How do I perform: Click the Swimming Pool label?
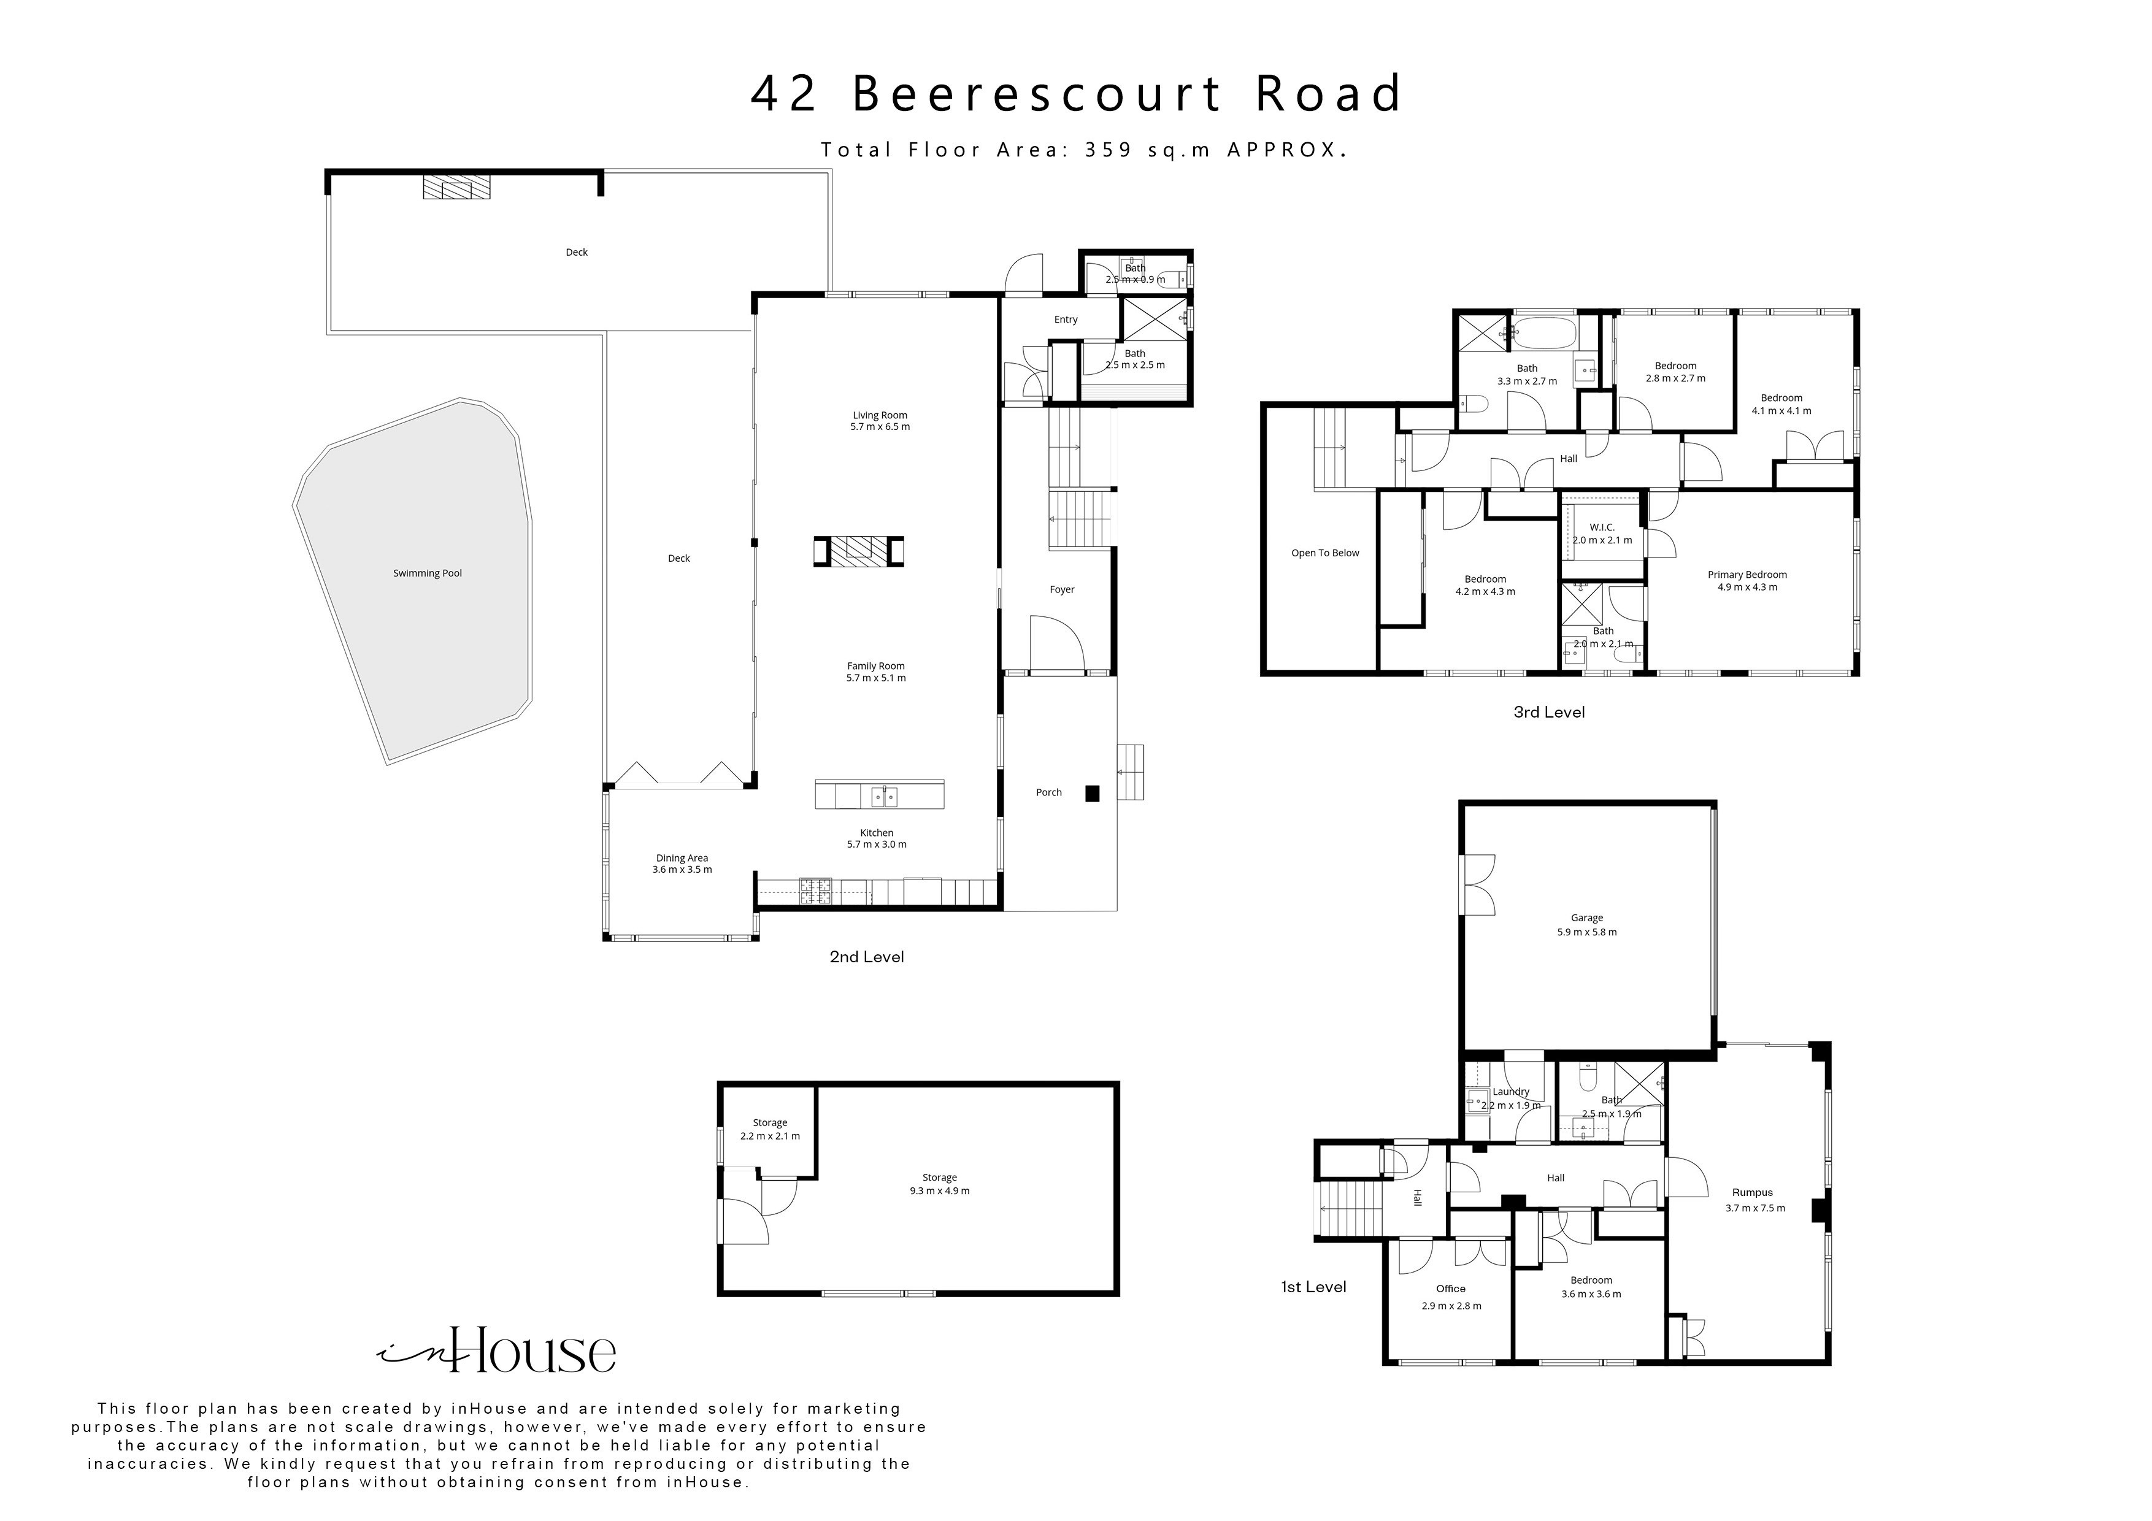pos(428,573)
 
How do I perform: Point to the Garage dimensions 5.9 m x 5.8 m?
pos(1587,932)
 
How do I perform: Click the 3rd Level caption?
pos(1548,712)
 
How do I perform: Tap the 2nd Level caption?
pos(866,957)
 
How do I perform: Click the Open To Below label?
pos(1324,553)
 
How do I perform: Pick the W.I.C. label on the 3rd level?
pos(1602,527)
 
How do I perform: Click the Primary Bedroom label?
pos(1746,575)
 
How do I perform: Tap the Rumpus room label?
pos(1752,1193)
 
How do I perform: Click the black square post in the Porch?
pos(1092,793)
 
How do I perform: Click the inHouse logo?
pos(497,1351)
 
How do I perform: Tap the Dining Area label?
pos(682,859)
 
